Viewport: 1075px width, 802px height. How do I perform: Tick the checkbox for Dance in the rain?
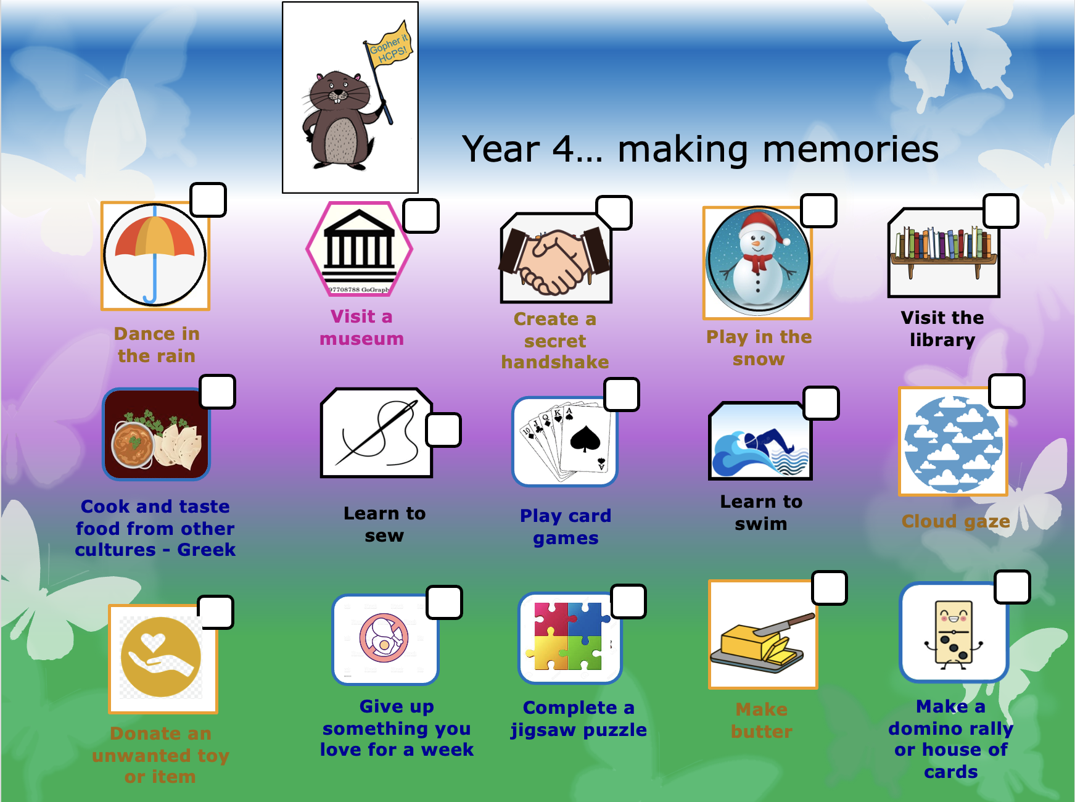click(x=208, y=199)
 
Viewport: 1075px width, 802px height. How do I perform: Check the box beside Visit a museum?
click(x=421, y=216)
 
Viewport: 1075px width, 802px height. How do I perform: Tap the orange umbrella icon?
click(x=155, y=255)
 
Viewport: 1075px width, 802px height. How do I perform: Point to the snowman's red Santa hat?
click(x=764, y=226)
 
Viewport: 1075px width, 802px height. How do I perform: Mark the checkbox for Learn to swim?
click(x=822, y=403)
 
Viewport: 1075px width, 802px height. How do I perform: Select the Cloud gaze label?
click(x=956, y=521)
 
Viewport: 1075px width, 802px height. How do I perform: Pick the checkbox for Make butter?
click(x=830, y=588)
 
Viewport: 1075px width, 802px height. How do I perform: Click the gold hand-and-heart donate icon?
click(x=161, y=658)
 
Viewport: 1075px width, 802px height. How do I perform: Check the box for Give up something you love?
click(x=444, y=602)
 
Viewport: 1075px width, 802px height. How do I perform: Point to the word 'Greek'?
click(x=207, y=550)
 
